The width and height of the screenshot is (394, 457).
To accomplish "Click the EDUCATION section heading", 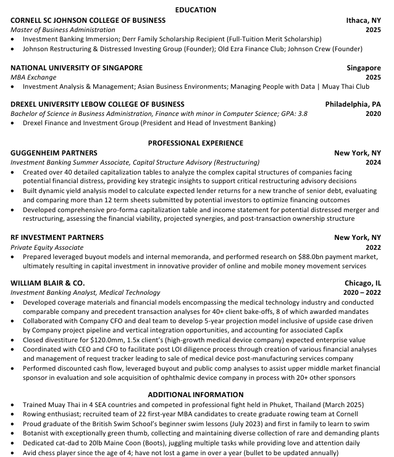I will coord(196,10).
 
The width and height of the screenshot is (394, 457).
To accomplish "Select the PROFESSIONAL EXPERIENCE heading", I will coord(196,143).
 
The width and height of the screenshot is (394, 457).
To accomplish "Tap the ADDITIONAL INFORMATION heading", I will coord(196,394).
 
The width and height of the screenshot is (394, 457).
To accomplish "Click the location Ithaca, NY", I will coord(364,20).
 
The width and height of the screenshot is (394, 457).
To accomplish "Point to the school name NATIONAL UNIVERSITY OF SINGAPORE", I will coord(77,68).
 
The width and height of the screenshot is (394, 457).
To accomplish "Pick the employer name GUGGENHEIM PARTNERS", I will coord(54,152).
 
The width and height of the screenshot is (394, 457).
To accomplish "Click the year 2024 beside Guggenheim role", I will coord(373,162).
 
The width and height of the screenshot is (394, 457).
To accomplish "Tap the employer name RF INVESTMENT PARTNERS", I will coord(57,237).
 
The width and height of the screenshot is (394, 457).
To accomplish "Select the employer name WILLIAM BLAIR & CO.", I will coord(48,283).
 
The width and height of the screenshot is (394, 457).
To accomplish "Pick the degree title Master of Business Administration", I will coord(63,30).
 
